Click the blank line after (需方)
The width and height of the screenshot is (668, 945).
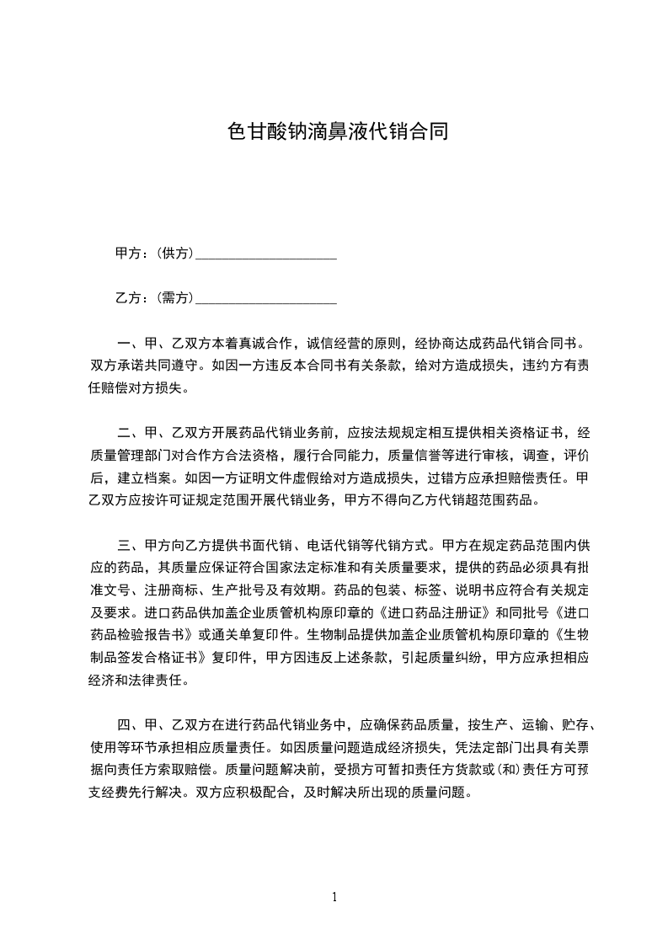266,299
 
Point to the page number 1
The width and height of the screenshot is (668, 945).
334,897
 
